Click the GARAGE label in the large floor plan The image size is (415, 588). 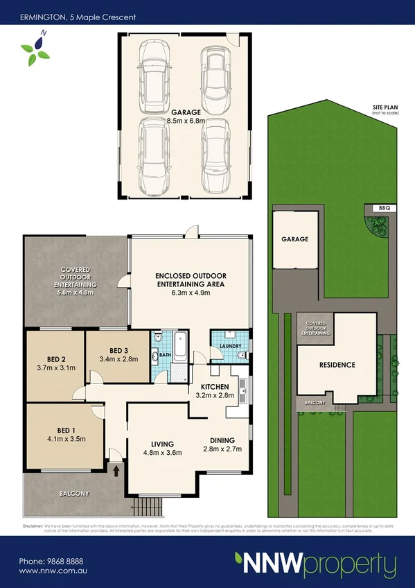(x=184, y=112)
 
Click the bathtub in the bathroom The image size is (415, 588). (x=182, y=347)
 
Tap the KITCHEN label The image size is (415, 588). (x=215, y=386)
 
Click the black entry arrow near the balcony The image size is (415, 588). (x=116, y=470)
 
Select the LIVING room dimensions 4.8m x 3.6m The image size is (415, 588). (x=163, y=453)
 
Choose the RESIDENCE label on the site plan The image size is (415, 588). (x=337, y=365)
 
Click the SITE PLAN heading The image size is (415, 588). (x=385, y=106)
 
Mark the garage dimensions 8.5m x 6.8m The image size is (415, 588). (x=184, y=121)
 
